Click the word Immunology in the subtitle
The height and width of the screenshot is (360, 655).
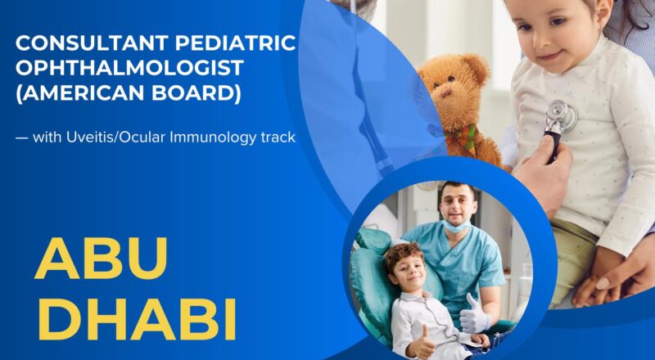[220, 137]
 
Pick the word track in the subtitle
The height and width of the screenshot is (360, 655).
[278, 137]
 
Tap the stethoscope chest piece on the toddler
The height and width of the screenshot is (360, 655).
[560, 115]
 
